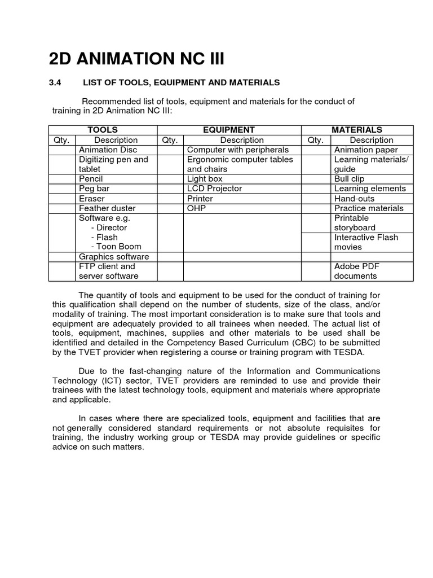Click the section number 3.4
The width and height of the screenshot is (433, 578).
pyautogui.click(x=58, y=82)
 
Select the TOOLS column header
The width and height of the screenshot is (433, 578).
pyautogui.click(x=103, y=130)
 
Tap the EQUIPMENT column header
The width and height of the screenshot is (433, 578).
pyautogui.click(x=229, y=130)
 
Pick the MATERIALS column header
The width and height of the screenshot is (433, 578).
pyautogui.click(x=357, y=130)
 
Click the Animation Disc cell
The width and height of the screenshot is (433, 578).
pyautogui.click(x=108, y=150)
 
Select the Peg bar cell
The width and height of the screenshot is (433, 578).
pyautogui.click(x=94, y=189)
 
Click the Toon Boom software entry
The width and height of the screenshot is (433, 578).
pyautogui.click(x=119, y=247)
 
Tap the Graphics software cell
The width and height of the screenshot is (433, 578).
pyautogui.click(x=114, y=257)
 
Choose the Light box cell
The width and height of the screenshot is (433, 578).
pyautogui.click(x=205, y=179)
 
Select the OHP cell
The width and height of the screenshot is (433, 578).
pyautogui.click(x=197, y=208)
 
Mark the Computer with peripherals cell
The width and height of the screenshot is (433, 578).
pyautogui.click(x=237, y=150)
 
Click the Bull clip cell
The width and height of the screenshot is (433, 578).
pyautogui.click(x=350, y=179)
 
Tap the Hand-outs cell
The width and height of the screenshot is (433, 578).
pyautogui.click(x=354, y=199)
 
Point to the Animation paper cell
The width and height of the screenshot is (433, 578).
pyautogui.click(x=366, y=150)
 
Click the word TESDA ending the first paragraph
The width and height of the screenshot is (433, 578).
pyautogui.click(x=350, y=352)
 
